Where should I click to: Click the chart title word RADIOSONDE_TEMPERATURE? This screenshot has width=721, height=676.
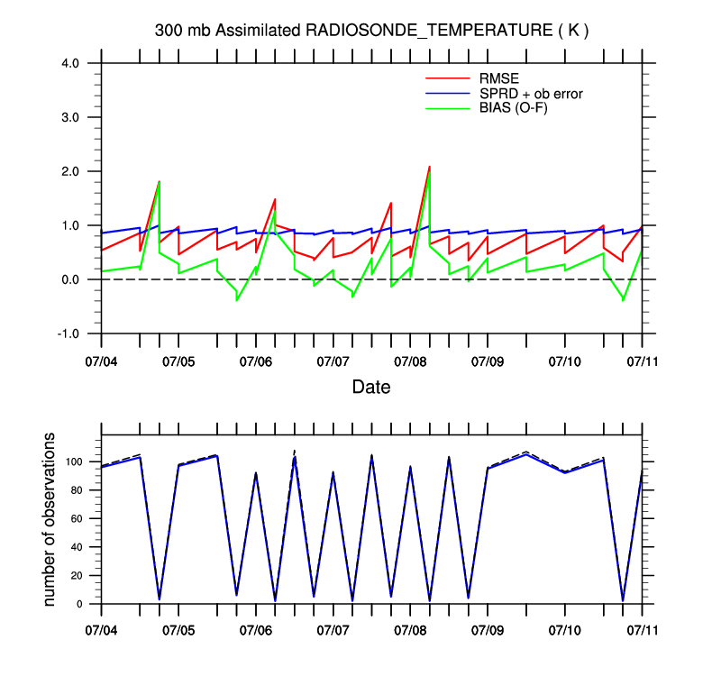[x=427, y=31]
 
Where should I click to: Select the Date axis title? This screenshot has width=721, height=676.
[x=371, y=388]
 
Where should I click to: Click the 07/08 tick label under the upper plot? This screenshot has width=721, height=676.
[x=410, y=361]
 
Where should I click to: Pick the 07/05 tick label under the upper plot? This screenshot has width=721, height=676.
[x=178, y=361]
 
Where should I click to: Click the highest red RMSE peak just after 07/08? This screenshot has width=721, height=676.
[x=429, y=167]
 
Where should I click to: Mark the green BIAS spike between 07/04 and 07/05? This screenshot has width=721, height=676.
[x=160, y=183]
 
